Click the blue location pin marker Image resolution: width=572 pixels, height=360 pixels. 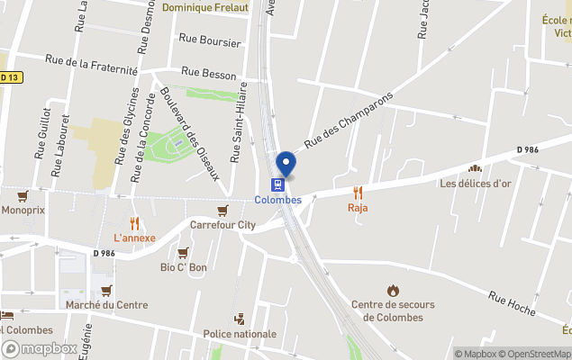[x=286, y=164]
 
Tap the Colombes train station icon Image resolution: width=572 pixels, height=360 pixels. [x=278, y=184]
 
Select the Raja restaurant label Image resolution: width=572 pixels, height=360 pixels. [x=358, y=208]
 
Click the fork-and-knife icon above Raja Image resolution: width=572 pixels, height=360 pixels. [x=358, y=192]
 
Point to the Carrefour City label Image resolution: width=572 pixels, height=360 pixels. [x=222, y=225]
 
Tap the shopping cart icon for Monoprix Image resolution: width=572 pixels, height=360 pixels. [x=23, y=195]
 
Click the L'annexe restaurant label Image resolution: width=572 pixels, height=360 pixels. [x=134, y=238]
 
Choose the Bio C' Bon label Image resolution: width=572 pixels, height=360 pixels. [x=184, y=267]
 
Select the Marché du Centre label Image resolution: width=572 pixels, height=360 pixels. [x=107, y=305]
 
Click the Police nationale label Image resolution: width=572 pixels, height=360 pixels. [x=240, y=334]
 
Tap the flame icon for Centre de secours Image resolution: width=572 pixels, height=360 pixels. [x=393, y=290]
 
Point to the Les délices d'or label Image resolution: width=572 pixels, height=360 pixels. [x=475, y=184]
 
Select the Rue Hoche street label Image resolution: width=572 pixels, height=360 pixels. [x=512, y=304]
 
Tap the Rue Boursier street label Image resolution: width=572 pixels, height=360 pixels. [x=210, y=40]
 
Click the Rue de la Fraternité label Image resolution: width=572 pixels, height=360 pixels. [x=93, y=64]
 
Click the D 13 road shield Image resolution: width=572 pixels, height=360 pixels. [x=9, y=77]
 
